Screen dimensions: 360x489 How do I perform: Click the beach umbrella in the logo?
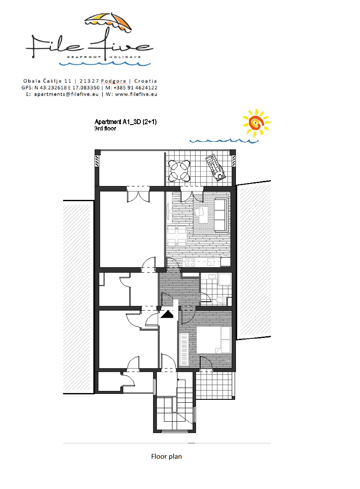108,22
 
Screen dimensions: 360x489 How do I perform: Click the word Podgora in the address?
114,81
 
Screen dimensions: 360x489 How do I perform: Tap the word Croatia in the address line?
146,81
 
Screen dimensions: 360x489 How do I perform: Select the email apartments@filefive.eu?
66,94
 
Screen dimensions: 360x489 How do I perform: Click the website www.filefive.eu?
136,94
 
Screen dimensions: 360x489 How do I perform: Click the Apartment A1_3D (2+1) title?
126,122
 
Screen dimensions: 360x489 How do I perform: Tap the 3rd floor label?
106,128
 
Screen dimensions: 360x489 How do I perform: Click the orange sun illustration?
256,123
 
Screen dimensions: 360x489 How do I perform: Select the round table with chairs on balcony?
179,170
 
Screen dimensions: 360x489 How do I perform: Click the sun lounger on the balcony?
215,167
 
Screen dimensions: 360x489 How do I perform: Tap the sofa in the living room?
221,215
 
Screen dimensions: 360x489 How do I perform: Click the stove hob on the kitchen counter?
190,262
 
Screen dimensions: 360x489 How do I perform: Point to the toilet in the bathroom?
221,300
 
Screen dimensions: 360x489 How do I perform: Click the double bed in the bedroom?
214,340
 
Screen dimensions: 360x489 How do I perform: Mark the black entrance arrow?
167,314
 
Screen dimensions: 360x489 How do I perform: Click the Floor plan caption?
167,456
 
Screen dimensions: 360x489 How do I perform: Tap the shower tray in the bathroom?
225,279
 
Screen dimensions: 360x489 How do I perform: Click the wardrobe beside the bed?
184,349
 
